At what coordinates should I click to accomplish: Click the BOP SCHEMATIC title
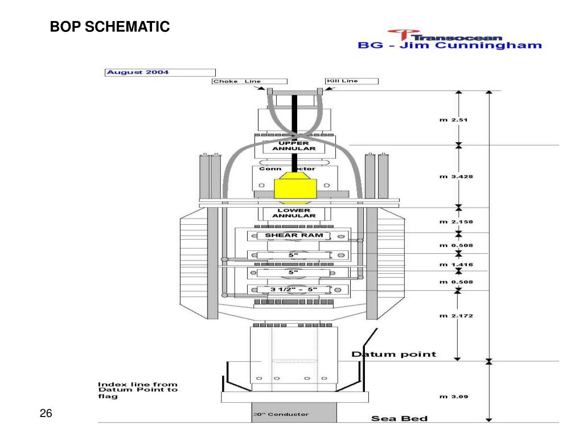[x=110, y=27]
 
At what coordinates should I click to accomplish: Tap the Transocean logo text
[x=457, y=38]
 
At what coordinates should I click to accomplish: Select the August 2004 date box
[x=160, y=72]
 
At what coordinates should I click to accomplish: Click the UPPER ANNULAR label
[x=294, y=146]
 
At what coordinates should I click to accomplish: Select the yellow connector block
[x=295, y=188]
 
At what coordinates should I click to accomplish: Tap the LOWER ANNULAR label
[x=294, y=213]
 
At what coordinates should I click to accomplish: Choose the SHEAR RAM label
[x=294, y=235]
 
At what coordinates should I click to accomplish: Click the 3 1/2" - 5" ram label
[x=294, y=290]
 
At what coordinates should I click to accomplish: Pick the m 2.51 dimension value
[x=453, y=119]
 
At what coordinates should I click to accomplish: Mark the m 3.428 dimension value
[x=456, y=176]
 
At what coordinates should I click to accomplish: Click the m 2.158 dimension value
[x=456, y=222]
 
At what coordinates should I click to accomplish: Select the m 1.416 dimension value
[x=456, y=265]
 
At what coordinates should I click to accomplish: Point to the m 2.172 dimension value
[x=456, y=316]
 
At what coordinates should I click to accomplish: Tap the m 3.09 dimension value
[x=454, y=397]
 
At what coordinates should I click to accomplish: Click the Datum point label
[x=394, y=354]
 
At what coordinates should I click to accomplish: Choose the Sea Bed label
[x=399, y=418]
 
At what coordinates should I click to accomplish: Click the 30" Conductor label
[x=281, y=414]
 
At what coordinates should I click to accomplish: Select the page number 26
[x=46, y=413]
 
